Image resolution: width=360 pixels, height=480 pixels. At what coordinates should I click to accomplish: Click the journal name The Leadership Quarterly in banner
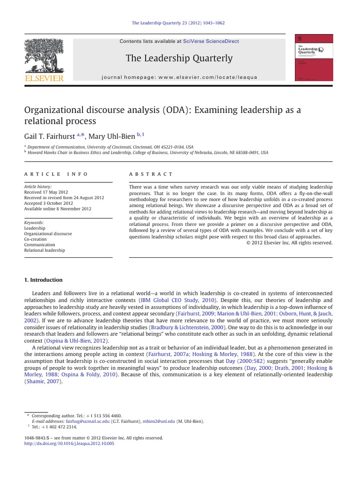point(179,58)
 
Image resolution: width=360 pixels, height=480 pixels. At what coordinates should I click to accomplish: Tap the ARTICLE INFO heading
point(56,174)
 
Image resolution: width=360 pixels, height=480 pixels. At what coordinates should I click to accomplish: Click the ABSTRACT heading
point(151,174)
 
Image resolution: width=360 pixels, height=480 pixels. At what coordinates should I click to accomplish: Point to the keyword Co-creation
point(36,239)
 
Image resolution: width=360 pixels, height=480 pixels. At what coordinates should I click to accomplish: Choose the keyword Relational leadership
point(45,250)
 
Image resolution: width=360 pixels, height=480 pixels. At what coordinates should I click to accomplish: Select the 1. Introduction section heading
point(43,280)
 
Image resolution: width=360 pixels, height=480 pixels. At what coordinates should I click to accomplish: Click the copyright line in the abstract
point(289,243)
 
